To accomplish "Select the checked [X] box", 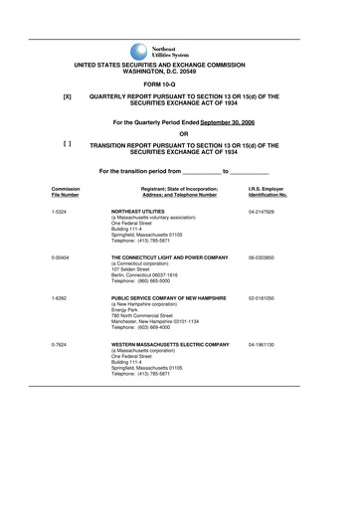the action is [67, 96].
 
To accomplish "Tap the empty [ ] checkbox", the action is [67, 144].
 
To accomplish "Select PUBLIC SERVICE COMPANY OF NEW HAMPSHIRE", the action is [170, 298].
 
